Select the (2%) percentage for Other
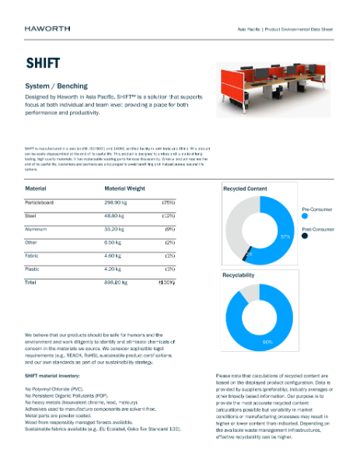pyautogui.click(x=169, y=242)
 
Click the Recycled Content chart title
pyautogui.click(x=245, y=188)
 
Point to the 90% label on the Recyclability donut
pyautogui.click(x=267, y=341)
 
